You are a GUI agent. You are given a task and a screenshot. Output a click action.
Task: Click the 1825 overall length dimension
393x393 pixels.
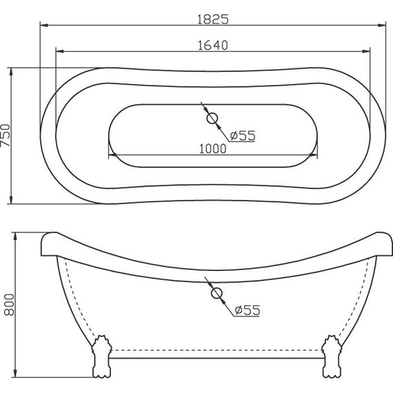click(212, 19)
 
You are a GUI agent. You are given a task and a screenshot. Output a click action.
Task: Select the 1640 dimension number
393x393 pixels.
click(212, 45)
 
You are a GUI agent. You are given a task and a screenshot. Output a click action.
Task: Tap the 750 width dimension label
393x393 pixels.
click(6, 135)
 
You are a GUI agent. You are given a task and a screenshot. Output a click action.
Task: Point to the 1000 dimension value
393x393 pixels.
click(213, 148)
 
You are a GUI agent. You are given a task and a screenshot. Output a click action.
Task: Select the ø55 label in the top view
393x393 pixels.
click(243, 136)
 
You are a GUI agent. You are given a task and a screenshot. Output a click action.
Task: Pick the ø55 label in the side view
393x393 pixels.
click(246, 311)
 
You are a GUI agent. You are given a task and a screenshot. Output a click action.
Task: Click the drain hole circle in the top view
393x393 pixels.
click(213, 119)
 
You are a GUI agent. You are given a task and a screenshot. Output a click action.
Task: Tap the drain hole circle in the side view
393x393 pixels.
click(216, 294)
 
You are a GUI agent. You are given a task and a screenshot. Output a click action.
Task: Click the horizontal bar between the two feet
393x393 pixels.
click(216, 356)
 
